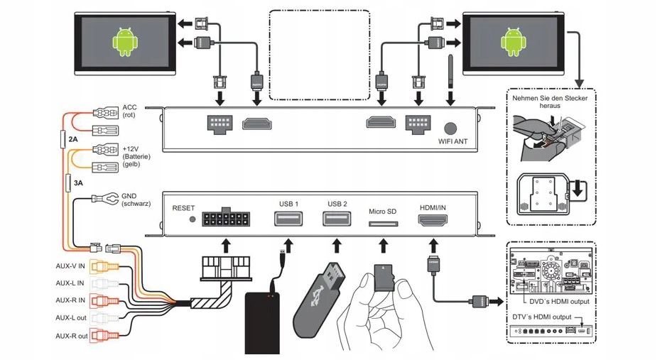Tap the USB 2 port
337,220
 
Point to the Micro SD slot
383,224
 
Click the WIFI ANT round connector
450,129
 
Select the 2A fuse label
73,139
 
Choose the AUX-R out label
72,336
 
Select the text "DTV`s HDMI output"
541,317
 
